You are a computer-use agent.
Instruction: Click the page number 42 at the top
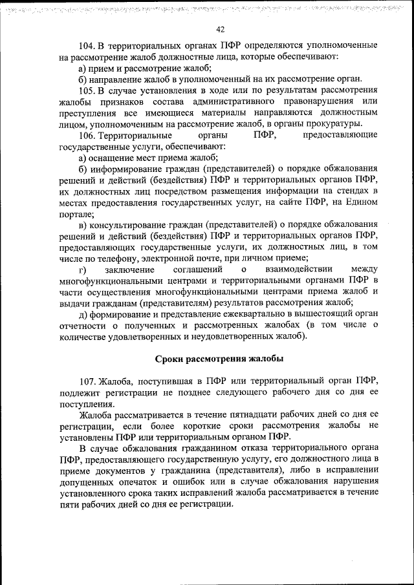[220, 29]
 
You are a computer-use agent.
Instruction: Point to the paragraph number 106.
[87, 135]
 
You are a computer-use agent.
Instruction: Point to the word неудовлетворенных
[228, 337]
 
